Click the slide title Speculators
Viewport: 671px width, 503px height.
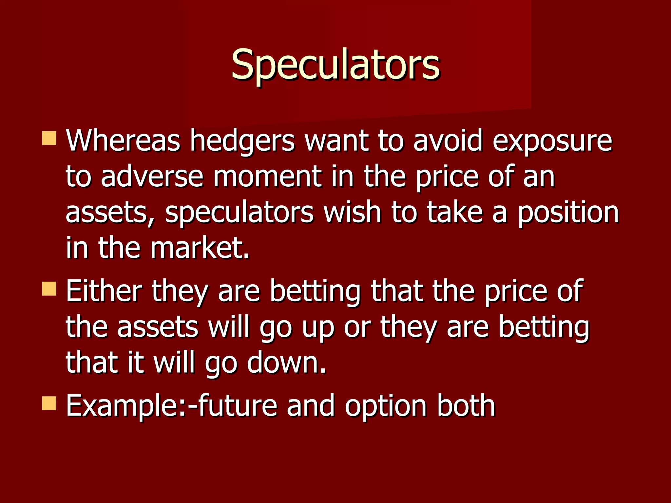[335, 65]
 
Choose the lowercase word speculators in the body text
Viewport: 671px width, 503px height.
[239, 213]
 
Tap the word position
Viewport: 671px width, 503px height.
[568, 213]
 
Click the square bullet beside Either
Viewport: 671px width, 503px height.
[49, 289]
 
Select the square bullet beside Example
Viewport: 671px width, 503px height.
[49, 403]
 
